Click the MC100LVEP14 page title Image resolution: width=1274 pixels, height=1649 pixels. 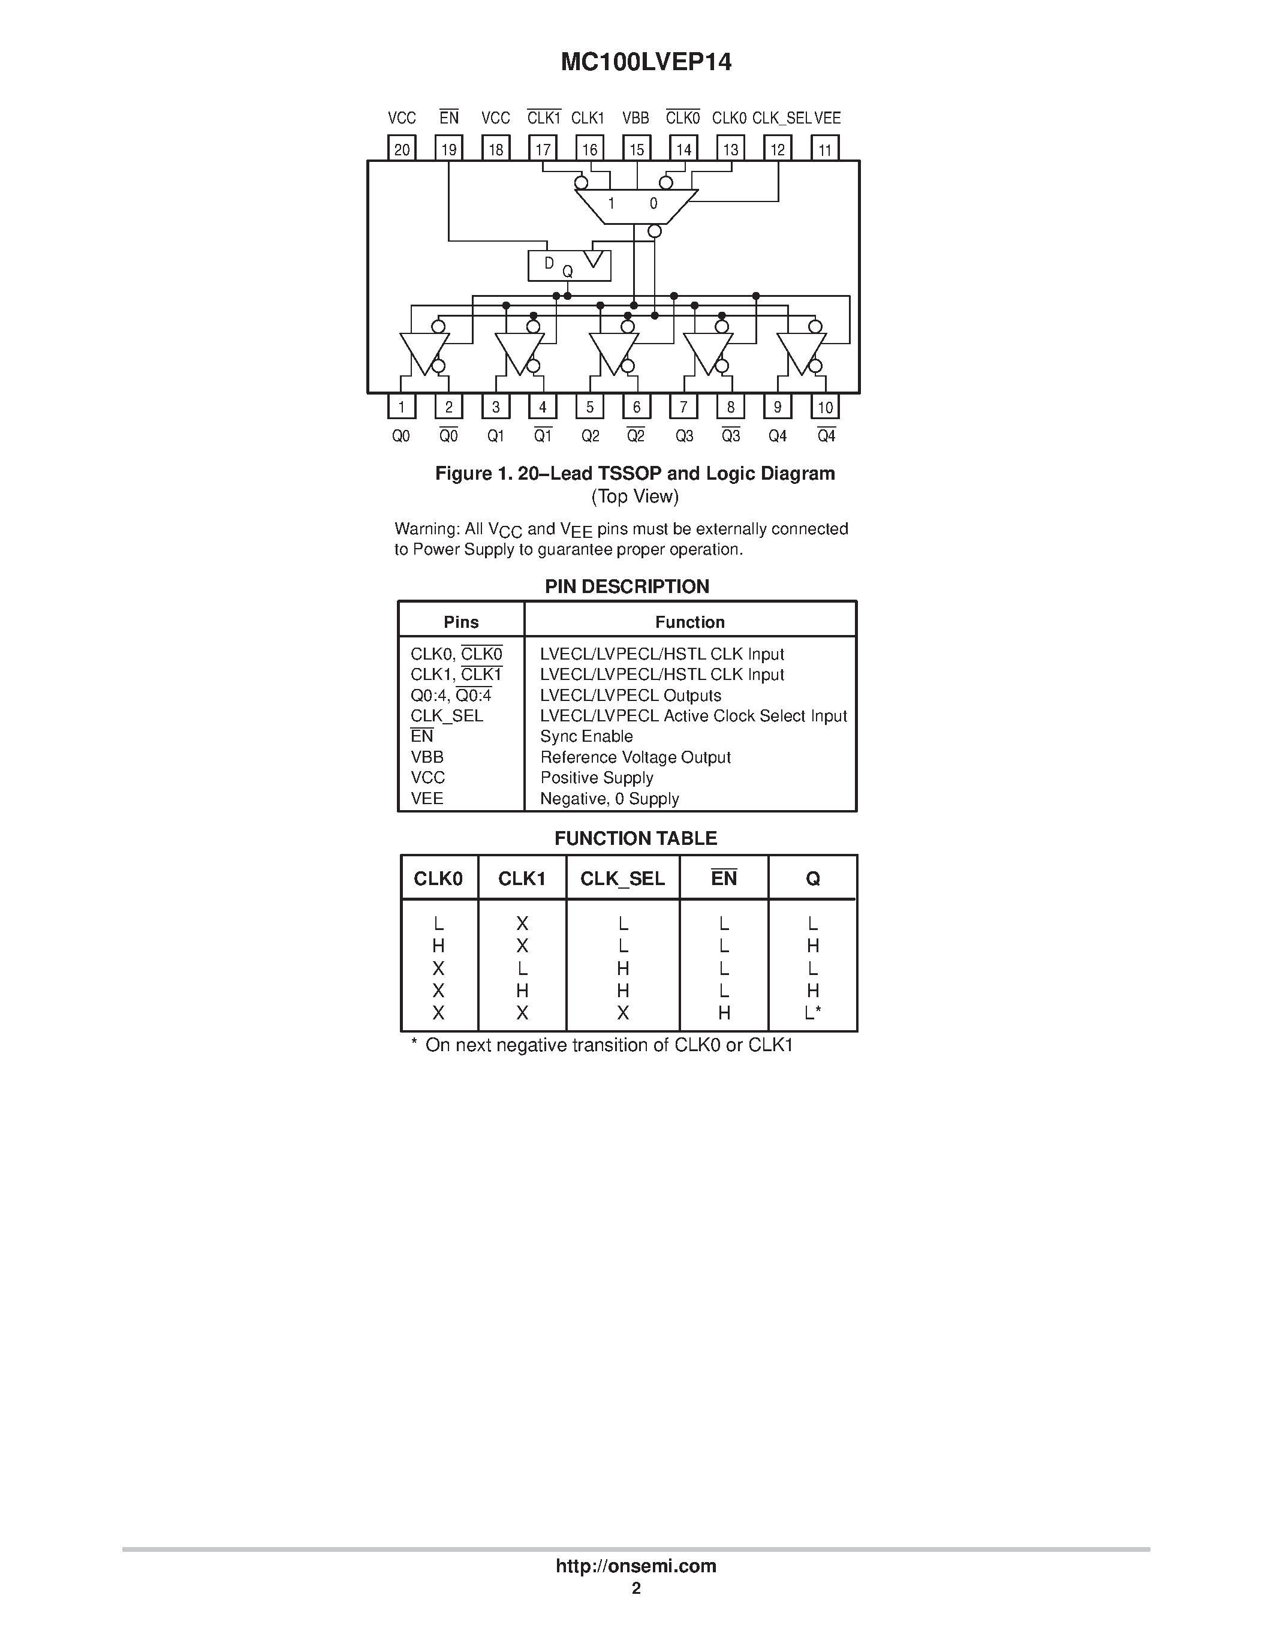click(645, 62)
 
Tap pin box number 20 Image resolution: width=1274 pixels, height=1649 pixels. click(402, 149)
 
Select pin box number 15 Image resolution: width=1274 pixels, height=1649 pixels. click(636, 149)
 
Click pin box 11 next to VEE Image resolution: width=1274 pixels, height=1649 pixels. click(824, 149)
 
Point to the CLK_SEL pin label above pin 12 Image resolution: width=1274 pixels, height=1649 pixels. click(781, 118)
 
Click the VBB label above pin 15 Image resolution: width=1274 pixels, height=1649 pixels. click(636, 118)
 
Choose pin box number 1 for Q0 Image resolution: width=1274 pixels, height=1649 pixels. click(402, 407)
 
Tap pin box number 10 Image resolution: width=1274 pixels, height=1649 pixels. click(825, 407)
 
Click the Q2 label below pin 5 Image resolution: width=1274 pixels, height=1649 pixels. click(590, 437)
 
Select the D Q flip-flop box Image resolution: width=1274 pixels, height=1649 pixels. click(569, 266)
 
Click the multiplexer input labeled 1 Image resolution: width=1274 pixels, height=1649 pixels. click(612, 203)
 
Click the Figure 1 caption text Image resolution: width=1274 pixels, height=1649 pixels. click(635, 473)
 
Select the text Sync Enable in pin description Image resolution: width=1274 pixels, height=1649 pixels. click(586, 736)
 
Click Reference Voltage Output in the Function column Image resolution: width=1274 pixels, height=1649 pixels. click(635, 757)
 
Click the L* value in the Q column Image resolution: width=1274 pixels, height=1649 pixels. click(812, 1013)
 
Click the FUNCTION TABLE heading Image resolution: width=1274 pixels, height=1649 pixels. click(636, 838)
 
